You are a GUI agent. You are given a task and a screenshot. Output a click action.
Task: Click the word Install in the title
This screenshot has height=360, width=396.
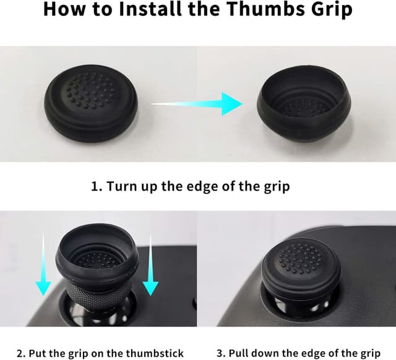[150, 9]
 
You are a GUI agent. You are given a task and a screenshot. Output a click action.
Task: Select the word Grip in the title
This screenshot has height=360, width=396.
[332, 10]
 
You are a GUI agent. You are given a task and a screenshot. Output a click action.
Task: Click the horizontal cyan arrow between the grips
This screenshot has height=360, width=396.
[197, 104]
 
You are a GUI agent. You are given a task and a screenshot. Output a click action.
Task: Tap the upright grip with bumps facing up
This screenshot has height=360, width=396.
[91, 103]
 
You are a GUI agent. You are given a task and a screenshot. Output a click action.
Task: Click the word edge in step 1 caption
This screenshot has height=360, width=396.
[204, 186]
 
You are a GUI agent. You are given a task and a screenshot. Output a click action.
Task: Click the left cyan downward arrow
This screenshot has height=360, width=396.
[43, 265]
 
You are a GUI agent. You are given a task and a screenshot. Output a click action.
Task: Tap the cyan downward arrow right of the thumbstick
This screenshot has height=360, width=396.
[150, 265]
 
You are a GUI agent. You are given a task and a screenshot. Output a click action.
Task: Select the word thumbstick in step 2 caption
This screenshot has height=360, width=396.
[155, 353]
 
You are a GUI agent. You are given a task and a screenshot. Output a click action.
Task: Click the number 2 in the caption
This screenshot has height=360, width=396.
[19, 353]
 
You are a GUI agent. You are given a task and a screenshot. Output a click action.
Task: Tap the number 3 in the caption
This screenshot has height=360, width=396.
[220, 353]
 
